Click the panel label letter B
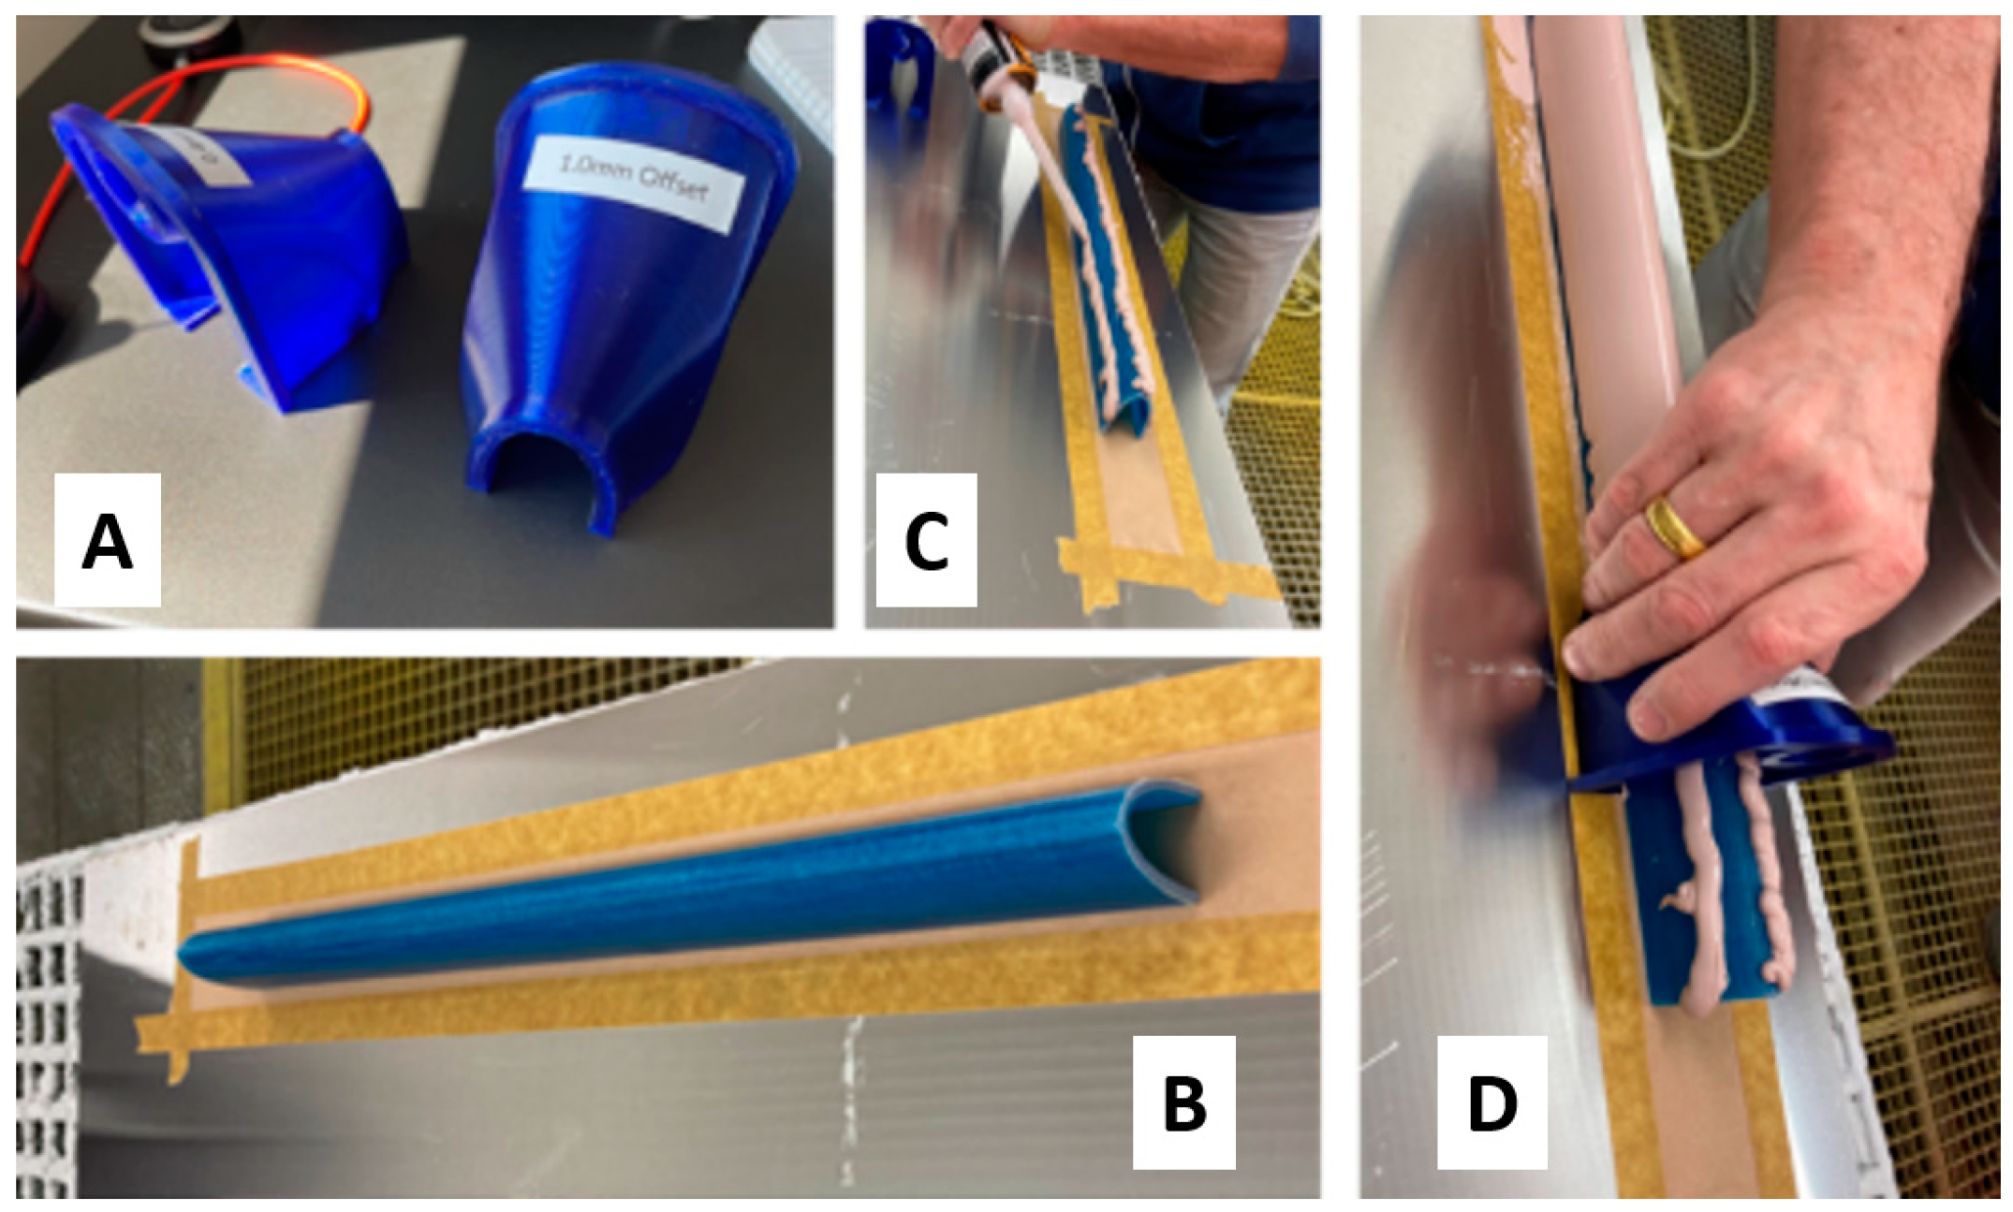[1183, 1102]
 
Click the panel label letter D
[1491, 1102]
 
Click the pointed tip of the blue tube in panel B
[192, 959]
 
